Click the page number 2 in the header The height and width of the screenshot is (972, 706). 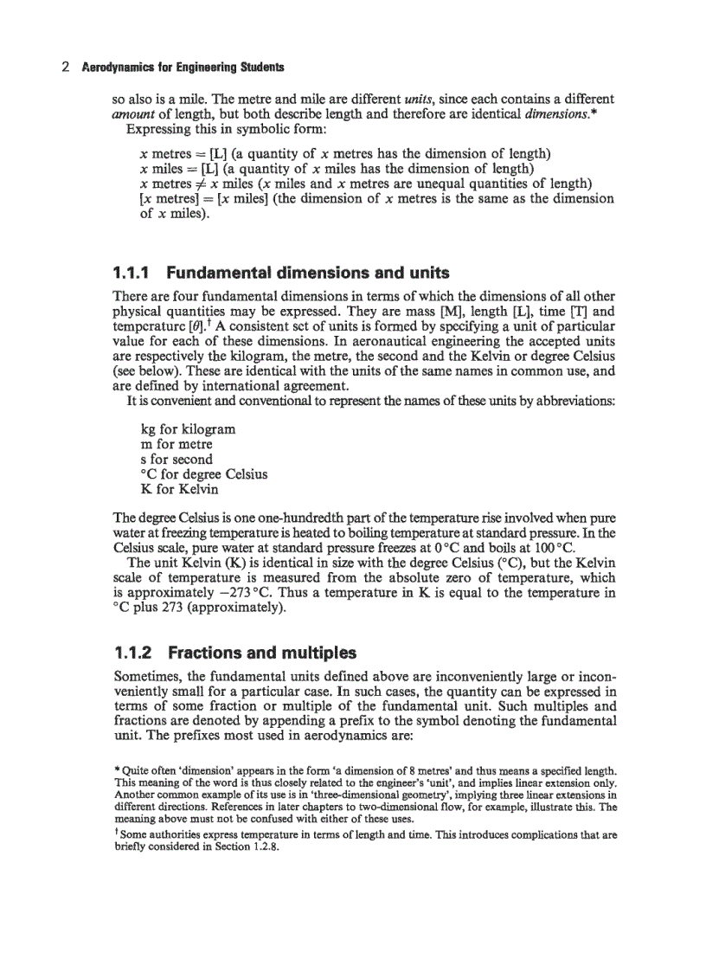pyautogui.click(x=66, y=67)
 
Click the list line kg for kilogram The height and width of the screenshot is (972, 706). pyautogui.click(x=187, y=430)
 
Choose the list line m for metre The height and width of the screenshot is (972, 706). pyautogui.click(x=176, y=445)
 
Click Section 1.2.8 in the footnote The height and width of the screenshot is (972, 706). pyautogui.click(x=250, y=847)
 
